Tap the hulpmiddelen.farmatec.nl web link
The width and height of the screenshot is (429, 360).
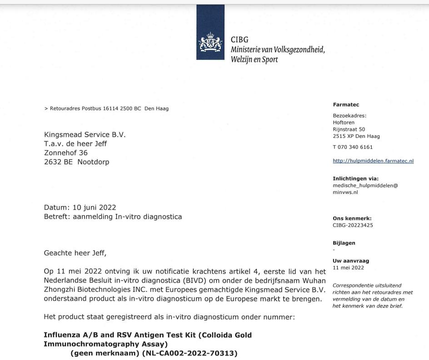click(373, 161)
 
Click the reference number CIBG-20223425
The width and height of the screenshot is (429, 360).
click(353, 224)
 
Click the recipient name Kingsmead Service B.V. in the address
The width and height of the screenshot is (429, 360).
click(85, 135)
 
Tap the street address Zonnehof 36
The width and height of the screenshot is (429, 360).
click(65, 153)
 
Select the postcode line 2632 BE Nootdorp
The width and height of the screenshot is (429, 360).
click(76, 162)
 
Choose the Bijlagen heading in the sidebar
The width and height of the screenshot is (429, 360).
click(344, 243)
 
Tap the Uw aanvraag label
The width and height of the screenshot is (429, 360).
click(351, 261)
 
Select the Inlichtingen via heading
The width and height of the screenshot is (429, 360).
click(356, 179)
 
